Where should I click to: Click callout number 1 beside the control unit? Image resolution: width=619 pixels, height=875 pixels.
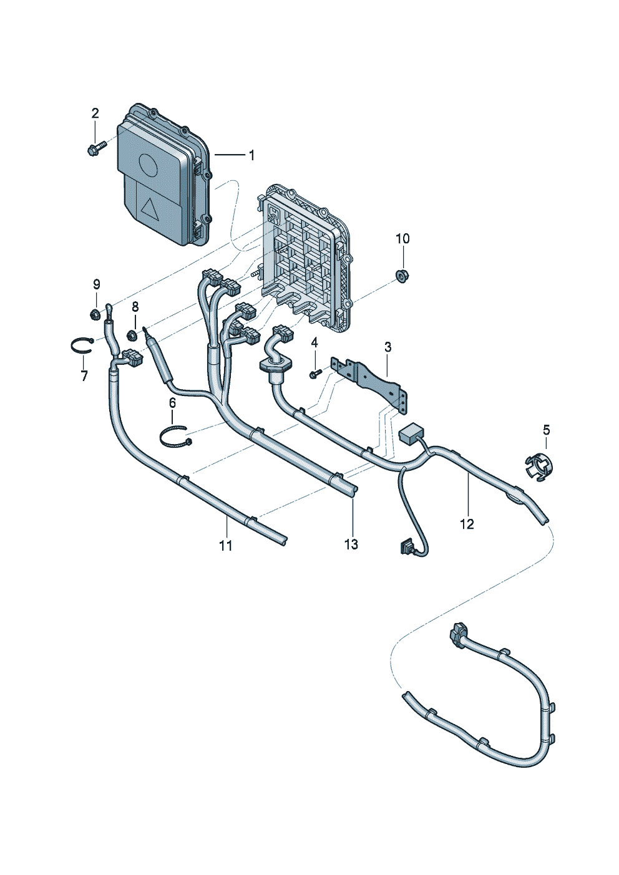pos(252,155)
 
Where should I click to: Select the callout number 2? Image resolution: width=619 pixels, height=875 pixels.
pos(95,114)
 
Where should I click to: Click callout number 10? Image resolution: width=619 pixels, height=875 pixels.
pos(403,239)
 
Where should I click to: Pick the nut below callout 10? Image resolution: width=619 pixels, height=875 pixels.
pos(400,276)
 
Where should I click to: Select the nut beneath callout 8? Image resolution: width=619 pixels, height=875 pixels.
pos(132,334)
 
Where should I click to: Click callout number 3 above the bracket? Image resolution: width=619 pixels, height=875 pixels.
pos(387,347)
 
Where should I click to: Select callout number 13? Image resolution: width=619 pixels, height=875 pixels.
pos(351,544)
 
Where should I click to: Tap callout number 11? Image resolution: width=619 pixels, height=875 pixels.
pos(225,545)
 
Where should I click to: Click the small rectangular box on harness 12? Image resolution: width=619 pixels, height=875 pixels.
pos(411,433)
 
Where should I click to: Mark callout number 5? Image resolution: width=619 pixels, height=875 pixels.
pos(547,430)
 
